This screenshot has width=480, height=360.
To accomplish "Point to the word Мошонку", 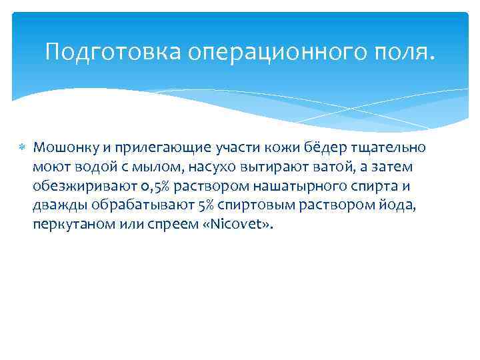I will pyautogui.click(x=62, y=147).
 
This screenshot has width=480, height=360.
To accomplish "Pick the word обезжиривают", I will pyautogui.click(x=76, y=185).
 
